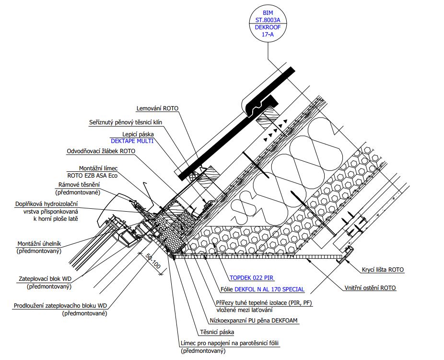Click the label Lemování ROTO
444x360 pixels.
click(x=157, y=108)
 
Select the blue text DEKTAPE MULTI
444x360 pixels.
click(x=132, y=141)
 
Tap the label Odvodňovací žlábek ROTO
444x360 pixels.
click(x=101, y=151)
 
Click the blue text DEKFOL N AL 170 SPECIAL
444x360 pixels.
click(x=269, y=289)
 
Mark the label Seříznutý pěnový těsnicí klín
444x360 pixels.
click(x=126, y=122)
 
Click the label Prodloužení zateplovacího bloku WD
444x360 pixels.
click(x=60, y=306)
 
